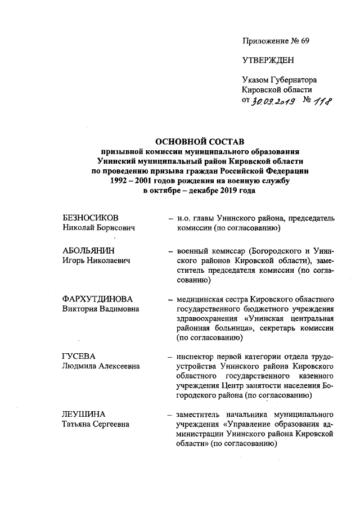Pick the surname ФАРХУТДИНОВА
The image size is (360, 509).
click(96, 299)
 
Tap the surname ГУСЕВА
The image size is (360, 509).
click(79, 357)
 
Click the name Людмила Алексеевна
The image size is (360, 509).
click(101, 367)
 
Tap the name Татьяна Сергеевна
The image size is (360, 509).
click(96, 424)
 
